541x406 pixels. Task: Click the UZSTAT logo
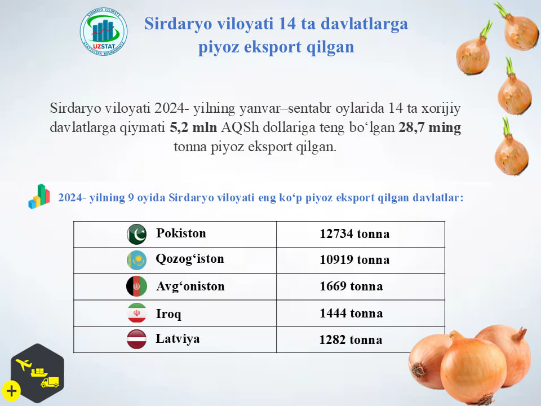[x=104, y=32]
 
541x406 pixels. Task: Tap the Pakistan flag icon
[x=136, y=234]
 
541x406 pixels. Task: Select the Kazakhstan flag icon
[x=136, y=260]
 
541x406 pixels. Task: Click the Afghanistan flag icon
[x=136, y=286]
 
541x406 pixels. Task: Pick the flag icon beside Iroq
[x=137, y=313]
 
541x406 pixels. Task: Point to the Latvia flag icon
[x=136, y=339]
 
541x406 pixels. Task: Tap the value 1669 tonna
[x=351, y=286]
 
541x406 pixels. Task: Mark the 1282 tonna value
[x=351, y=339]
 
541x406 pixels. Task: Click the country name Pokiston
[x=181, y=233]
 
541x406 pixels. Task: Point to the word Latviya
[x=178, y=339]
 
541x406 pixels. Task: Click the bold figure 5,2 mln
[x=193, y=127]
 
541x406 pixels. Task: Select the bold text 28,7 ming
[x=429, y=127]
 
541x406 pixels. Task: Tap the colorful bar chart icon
[x=39, y=196]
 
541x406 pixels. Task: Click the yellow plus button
[x=11, y=391]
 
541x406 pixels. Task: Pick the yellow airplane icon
[x=24, y=364]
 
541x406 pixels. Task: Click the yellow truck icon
[x=50, y=382]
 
